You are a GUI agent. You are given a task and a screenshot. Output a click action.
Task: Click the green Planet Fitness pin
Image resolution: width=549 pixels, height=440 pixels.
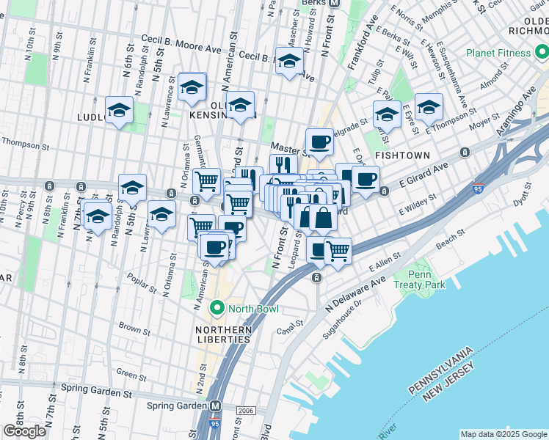click(542, 53)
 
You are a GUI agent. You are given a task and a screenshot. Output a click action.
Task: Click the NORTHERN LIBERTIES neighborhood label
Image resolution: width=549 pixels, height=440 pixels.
click(223, 334)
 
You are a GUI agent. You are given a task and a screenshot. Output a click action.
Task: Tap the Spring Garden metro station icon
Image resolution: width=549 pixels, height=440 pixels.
click(216, 406)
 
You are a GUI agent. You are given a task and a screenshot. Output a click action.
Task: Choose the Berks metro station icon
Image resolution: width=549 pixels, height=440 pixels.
click(333, 3)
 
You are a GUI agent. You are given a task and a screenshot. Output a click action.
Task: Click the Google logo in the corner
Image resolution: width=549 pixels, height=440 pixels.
click(23, 431)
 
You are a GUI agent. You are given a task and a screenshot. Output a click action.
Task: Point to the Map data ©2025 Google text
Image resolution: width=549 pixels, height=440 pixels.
click(503, 434)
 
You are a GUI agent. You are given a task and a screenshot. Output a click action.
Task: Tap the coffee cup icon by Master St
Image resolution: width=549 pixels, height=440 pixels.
click(319, 141)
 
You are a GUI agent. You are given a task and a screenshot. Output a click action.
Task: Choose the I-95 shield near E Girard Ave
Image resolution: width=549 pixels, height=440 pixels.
click(479, 188)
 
